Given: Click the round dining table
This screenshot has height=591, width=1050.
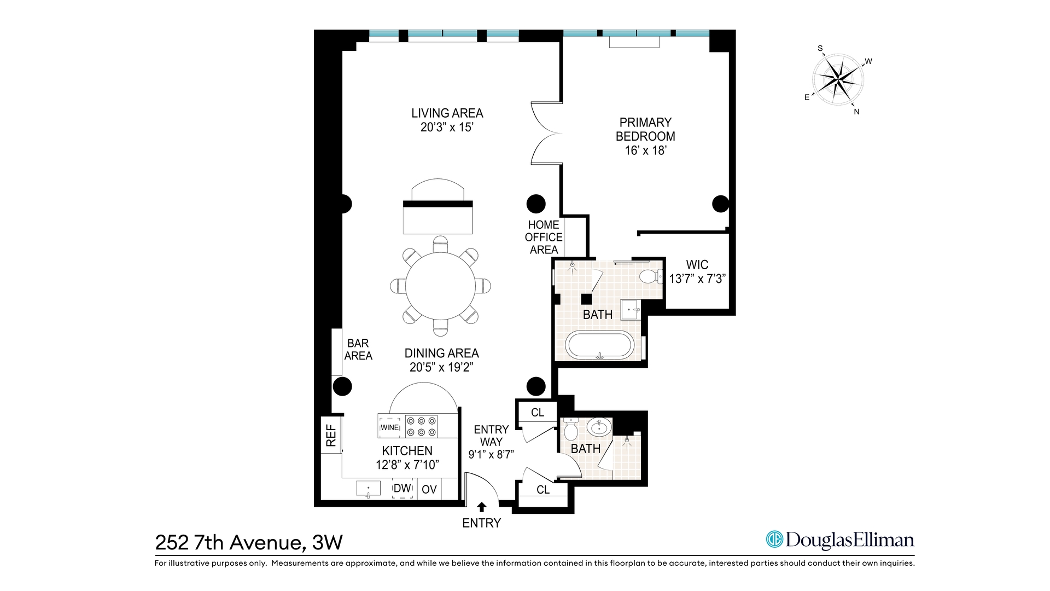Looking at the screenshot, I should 440,286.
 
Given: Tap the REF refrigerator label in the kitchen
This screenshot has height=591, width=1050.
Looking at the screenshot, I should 331,436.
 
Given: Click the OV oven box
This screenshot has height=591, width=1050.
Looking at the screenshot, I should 429,489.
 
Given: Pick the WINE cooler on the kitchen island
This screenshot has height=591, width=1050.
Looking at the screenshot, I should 390,427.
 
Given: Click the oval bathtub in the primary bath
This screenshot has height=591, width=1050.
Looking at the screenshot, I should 600,345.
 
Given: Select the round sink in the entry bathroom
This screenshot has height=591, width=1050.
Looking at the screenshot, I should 600,427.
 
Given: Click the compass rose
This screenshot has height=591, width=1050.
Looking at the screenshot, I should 838,80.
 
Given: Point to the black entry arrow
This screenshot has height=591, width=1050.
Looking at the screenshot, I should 482,507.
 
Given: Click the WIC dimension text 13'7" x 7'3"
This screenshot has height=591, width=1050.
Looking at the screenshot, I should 697,279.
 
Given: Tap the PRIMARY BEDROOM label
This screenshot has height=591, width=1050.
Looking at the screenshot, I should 645,130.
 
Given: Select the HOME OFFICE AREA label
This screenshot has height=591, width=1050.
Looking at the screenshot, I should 544,237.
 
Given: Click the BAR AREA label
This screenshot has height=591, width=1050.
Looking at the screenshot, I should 358,349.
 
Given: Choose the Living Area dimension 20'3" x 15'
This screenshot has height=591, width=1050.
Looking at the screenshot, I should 447,128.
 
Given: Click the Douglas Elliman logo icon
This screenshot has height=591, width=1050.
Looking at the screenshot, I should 774,540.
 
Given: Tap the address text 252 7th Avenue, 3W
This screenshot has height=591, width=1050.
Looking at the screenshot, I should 249,542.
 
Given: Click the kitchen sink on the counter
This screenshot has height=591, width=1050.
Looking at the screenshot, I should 368,488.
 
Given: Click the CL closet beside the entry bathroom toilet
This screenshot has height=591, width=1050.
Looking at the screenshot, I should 538,413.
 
